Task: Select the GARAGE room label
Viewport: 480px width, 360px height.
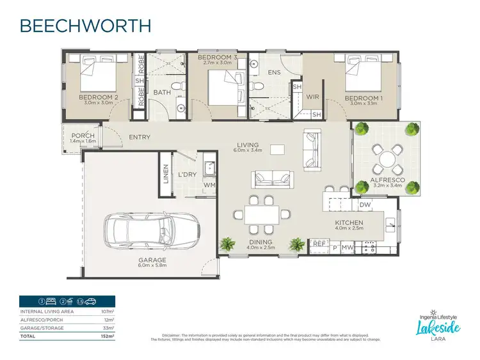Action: (x=152, y=260)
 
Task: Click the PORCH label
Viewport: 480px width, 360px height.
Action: (x=83, y=136)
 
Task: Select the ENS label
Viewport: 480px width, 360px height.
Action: (x=275, y=73)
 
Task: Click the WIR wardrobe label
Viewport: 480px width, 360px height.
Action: (x=312, y=98)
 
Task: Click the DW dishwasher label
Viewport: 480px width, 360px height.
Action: (x=365, y=205)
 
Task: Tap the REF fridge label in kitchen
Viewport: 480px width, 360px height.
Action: (x=319, y=244)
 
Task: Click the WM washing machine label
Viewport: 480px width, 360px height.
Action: (x=209, y=186)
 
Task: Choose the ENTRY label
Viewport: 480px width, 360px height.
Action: (x=140, y=137)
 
